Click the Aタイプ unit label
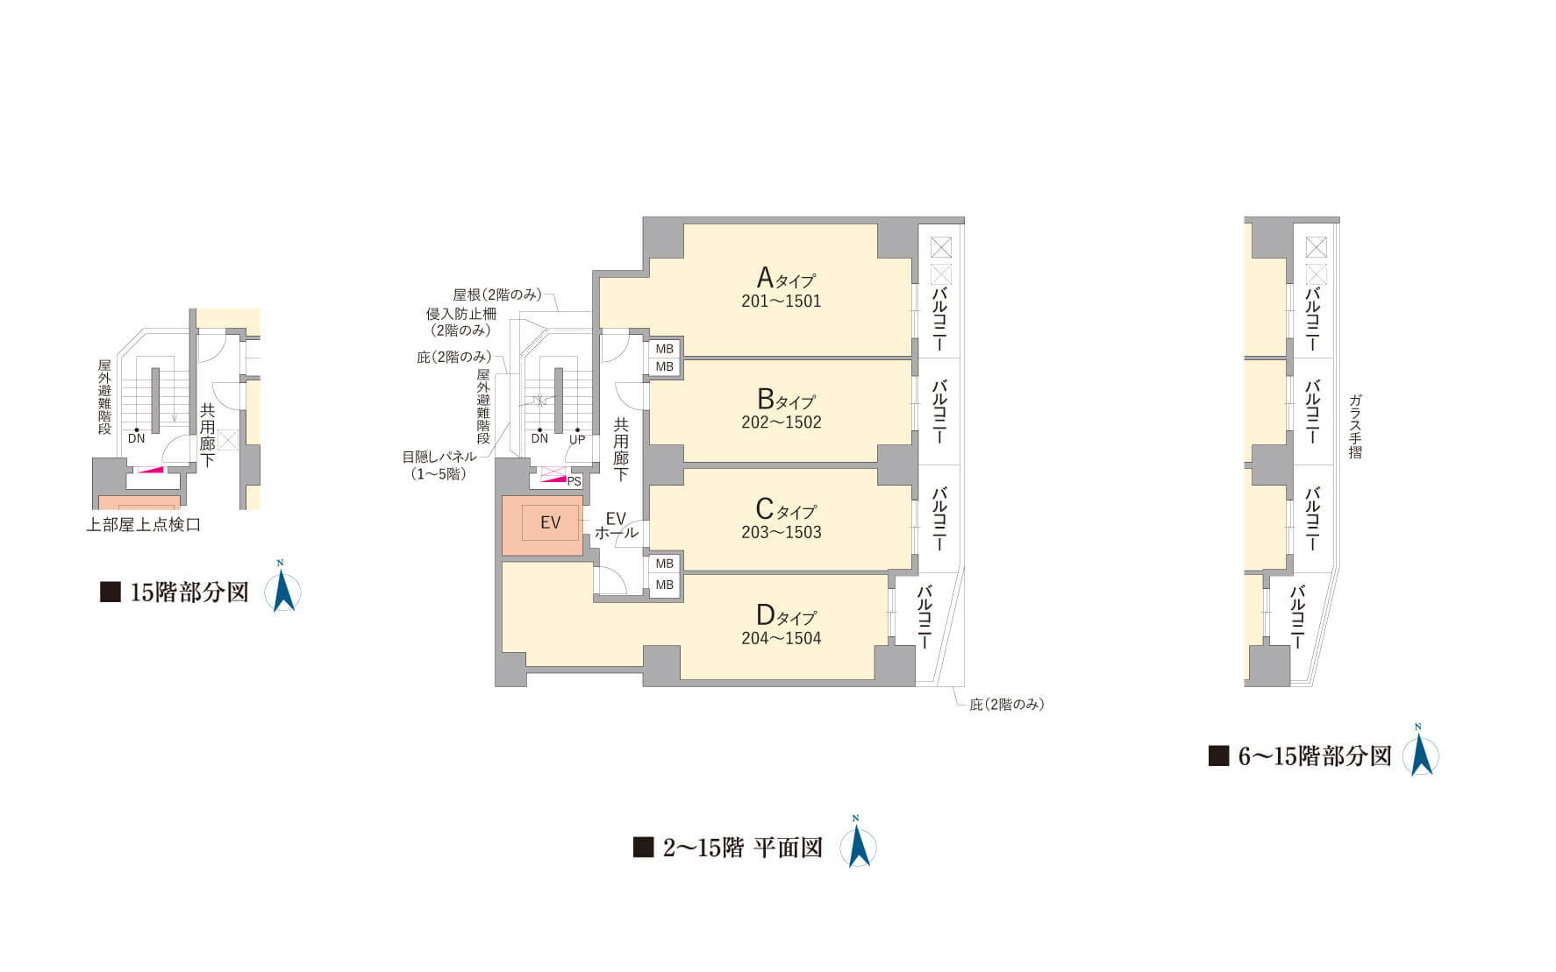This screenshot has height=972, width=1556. (x=786, y=279)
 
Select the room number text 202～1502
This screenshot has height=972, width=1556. (x=782, y=422)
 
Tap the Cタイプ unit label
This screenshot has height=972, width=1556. (x=786, y=509)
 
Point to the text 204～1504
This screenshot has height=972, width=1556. (x=782, y=639)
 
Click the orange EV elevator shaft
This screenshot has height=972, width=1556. (x=542, y=525)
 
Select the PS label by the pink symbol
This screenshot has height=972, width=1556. (x=575, y=482)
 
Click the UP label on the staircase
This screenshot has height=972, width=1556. (x=576, y=439)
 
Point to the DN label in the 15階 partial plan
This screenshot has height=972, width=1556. (x=136, y=438)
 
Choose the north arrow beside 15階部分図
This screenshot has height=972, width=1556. (x=283, y=585)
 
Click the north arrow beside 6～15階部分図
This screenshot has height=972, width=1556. (x=1420, y=750)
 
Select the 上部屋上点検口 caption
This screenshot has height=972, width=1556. (x=144, y=525)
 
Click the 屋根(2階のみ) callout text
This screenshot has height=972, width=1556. (x=497, y=294)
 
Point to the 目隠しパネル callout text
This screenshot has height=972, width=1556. (x=439, y=457)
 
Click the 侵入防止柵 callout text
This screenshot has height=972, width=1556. (x=461, y=313)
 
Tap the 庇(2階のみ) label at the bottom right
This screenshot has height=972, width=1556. (x=1007, y=705)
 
